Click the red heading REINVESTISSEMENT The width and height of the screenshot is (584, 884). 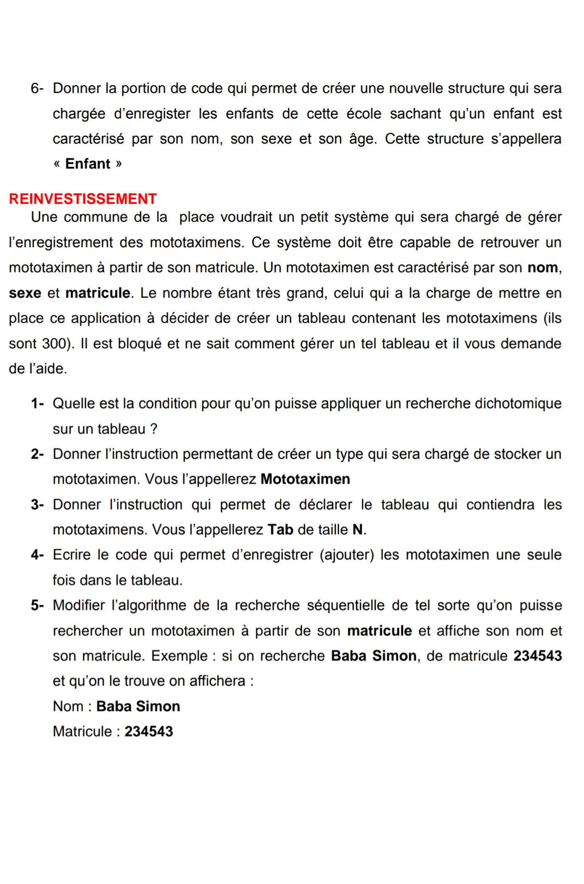pos(83,199)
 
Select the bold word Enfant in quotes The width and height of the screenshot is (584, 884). pos(88,164)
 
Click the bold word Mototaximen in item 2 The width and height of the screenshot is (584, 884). pos(305,479)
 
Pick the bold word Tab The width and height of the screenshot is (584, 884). pos(280,529)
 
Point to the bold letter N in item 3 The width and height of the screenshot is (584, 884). pos(358,529)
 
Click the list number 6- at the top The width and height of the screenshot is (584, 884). pos(37,88)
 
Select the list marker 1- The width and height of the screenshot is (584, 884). pos(37,403)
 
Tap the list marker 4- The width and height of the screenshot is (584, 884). pos(37,555)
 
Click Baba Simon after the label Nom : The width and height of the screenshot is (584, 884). pos(138,706)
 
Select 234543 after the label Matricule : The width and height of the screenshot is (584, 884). pos(149,731)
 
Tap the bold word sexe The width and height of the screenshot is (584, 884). pos(25,293)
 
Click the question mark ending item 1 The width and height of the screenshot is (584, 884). pos(154,429)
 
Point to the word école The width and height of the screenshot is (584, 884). pos(364,114)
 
